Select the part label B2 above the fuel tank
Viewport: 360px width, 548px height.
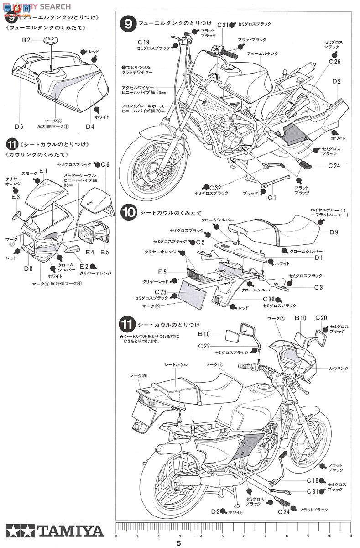coord(26,40)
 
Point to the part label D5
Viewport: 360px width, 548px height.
coord(19,126)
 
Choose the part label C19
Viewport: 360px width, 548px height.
coord(143,41)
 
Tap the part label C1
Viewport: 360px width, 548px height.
coord(272,197)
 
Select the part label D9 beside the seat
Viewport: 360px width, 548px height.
coord(334,232)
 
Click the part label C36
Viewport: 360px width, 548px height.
coord(269,299)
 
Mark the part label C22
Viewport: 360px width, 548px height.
coord(204,346)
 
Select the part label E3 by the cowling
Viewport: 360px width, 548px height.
coord(15,197)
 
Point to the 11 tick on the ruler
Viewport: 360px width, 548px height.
coord(350,536)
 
